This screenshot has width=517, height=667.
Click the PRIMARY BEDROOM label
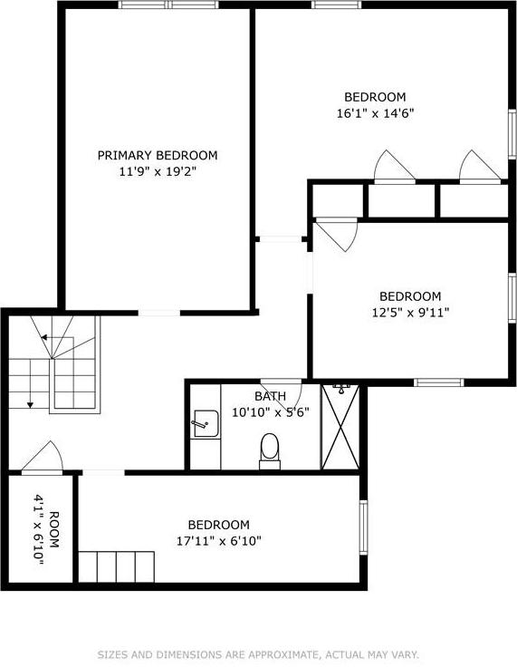coord(158,155)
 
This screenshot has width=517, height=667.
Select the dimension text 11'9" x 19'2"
coord(158,170)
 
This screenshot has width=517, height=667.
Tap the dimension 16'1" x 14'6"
coord(375,113)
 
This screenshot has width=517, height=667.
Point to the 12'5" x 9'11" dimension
coord(409,313)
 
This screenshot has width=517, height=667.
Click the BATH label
coord(270,396)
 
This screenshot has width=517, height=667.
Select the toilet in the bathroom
coord(270,449)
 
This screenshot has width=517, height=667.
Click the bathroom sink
coord(205,422)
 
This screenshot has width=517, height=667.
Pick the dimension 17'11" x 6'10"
coord(218,541)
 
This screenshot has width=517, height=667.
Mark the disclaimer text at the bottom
coord(258,653)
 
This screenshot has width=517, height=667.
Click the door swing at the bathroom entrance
coord(281,385)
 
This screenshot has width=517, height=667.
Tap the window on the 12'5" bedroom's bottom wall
coord(438,382)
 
